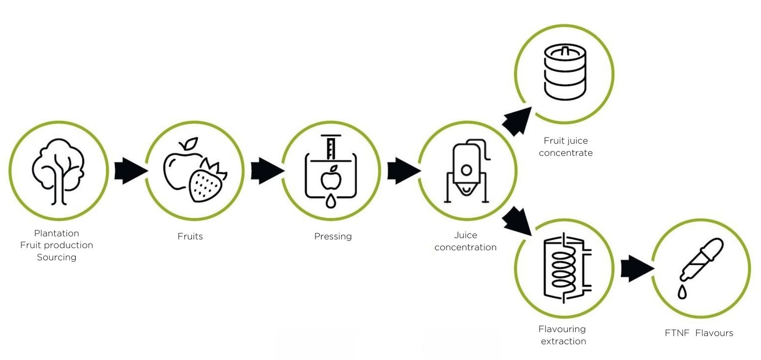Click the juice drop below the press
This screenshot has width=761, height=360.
coord(331,201)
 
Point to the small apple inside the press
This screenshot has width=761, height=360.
coord(331,178)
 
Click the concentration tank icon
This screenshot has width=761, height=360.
coord(467,172)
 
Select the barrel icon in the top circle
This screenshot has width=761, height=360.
coord(565,73)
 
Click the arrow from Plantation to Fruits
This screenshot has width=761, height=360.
coord(130,171)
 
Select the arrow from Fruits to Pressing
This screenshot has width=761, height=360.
coord(266,171)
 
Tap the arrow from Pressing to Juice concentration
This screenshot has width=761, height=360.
coord(403,171)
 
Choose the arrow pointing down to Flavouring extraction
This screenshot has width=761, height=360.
coord(517,222)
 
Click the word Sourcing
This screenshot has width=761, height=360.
coord(57,257)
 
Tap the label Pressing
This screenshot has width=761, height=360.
coord(333,236)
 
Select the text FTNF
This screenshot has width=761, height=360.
coord(677,333)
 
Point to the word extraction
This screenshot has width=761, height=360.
coord(563,341)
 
